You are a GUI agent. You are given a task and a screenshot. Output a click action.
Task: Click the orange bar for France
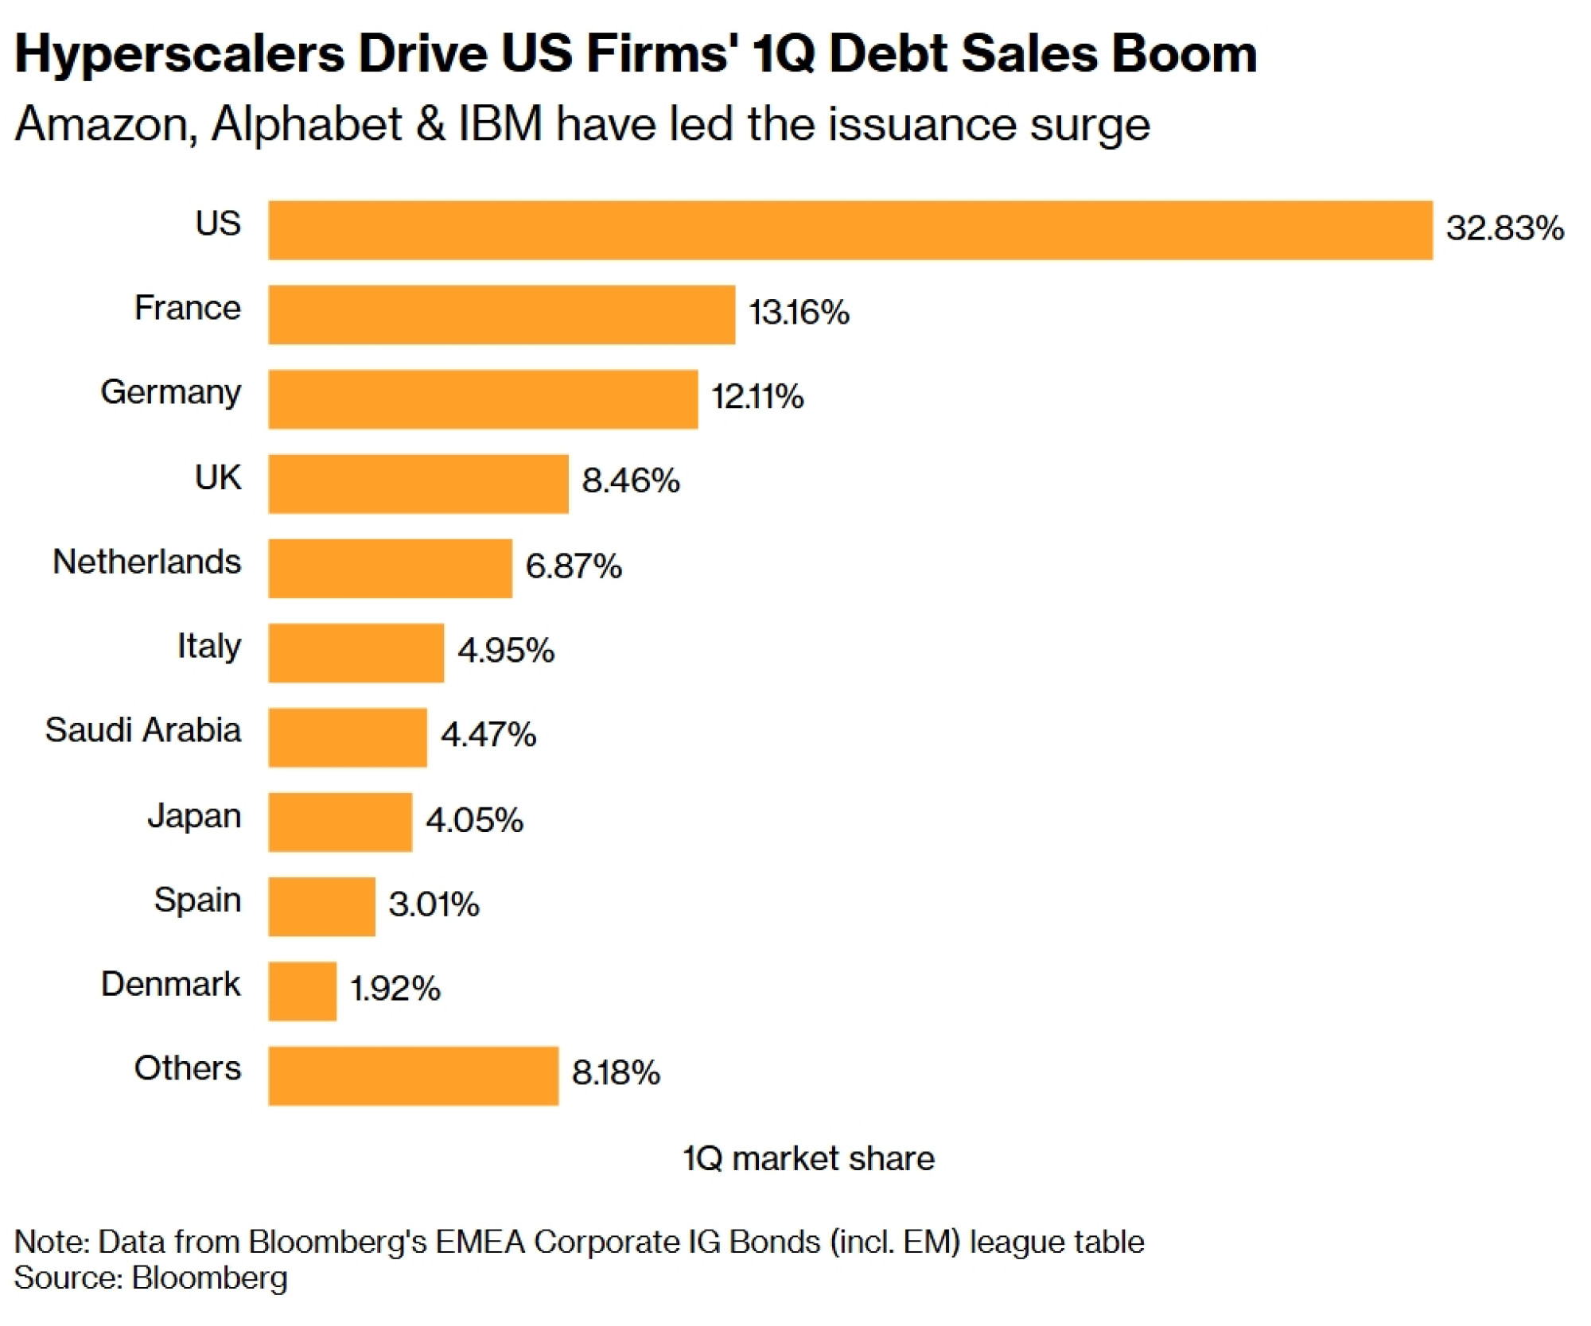point(501,315)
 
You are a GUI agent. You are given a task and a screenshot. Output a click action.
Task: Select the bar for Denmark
point(302,991)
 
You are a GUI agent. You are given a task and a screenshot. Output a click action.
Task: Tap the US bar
point(850,231)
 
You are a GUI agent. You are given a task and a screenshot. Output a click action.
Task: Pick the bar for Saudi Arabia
point(348,737)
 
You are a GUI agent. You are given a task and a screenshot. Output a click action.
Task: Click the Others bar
point(413,1075)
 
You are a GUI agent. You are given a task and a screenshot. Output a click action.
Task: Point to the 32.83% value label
point(1504,228)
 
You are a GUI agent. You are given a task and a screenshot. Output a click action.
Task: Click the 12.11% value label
point(757,396)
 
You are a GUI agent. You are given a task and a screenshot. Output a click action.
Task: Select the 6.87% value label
point(574,566)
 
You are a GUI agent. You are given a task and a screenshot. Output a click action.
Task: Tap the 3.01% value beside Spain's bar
point(434,904)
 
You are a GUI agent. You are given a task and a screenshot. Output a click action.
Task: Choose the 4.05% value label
point(474,820)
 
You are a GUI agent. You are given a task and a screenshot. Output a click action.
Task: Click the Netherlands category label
point(146,562)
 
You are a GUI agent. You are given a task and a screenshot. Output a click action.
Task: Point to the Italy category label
point(208,647)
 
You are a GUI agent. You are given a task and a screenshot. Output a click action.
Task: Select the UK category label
point(218,477)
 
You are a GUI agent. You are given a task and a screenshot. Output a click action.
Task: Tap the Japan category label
point(194,816)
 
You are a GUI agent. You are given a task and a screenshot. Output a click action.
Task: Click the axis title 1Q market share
point(808,1159)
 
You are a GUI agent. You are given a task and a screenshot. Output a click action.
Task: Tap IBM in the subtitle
point(500,124)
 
